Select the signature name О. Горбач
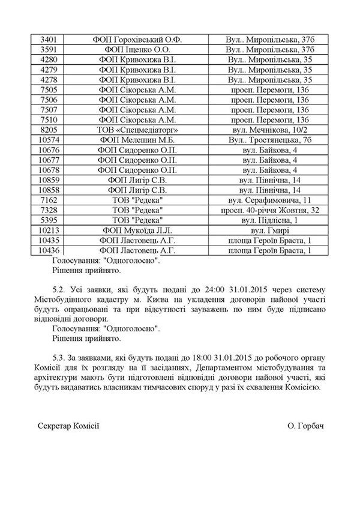pos(305,425)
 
